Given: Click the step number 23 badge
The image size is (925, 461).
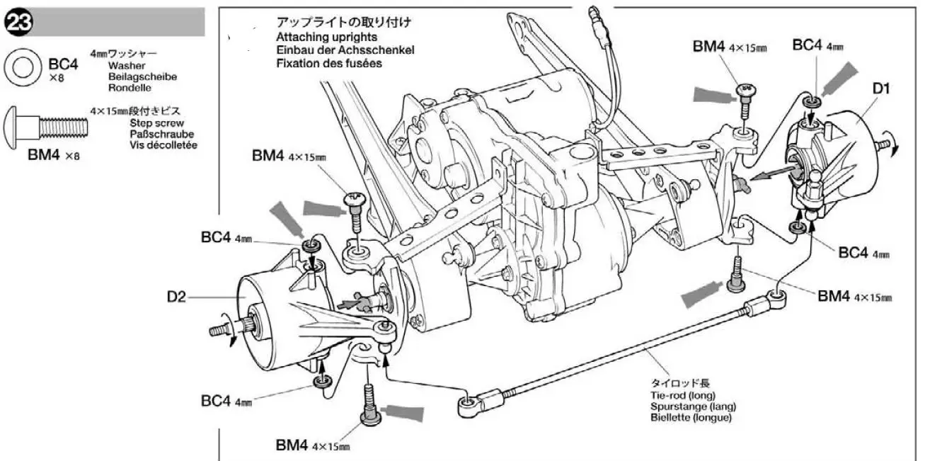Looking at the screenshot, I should pyautogui.click(x=18, y=23).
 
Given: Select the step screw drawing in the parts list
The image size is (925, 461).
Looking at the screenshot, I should pyautogui.click(x=45, y=127).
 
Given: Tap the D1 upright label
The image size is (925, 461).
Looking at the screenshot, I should pyautogui.click(x=881, y=89).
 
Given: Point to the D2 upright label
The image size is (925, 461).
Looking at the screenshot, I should pyautogui.click(x=176, y=297).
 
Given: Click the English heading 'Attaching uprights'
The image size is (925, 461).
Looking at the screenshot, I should pyautogui.click(x=327, y=37).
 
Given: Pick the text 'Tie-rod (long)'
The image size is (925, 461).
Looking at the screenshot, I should pyautogui.click(x=683, y=395).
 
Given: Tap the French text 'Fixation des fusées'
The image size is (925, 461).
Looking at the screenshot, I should pyautogui.click(x=329, y=63).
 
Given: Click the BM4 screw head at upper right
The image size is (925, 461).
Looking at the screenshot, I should pyautogui.click(x=746, y=89).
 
